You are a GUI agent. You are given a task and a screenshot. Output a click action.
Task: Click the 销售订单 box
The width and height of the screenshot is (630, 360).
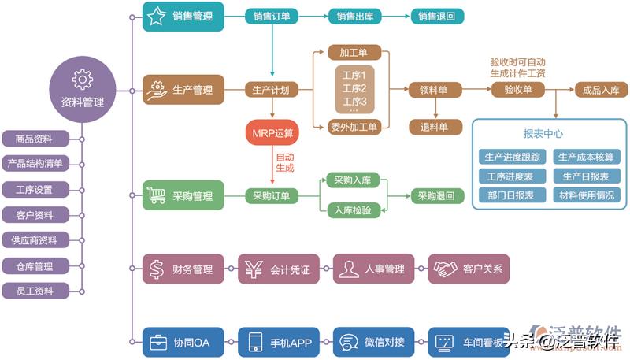(270, 16)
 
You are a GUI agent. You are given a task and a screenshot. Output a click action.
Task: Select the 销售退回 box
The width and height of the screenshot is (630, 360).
(436, 16)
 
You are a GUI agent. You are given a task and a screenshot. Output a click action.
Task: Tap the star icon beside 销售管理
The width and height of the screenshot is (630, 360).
(157, 16)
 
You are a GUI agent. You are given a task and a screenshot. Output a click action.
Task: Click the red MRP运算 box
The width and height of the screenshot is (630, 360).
(272, 132)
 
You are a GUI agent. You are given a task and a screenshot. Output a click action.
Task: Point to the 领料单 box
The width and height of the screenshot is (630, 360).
(433, 90)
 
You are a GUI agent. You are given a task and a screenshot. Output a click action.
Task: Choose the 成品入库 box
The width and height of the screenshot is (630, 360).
(602, 90)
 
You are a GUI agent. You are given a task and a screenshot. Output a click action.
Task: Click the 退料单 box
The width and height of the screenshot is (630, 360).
(433, 127)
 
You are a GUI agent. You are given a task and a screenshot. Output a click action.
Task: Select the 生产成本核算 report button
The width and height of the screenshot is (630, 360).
(585, 156)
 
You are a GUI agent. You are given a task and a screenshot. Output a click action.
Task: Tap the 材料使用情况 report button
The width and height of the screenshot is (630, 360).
(585, 195)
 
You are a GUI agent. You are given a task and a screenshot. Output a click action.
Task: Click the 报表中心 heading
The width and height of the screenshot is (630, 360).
(543, 133)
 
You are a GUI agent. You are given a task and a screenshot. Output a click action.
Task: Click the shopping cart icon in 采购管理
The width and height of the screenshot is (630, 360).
(157, 195)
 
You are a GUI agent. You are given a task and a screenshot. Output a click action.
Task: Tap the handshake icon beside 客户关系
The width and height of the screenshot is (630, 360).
(447, 269)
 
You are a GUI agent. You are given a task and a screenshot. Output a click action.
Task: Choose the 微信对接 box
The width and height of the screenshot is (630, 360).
(374, 343)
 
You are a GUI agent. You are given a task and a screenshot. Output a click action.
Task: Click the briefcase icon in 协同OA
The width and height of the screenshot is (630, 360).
(157, 343)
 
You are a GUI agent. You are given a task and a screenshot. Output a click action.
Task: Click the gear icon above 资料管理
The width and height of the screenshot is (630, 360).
(82, 79)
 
